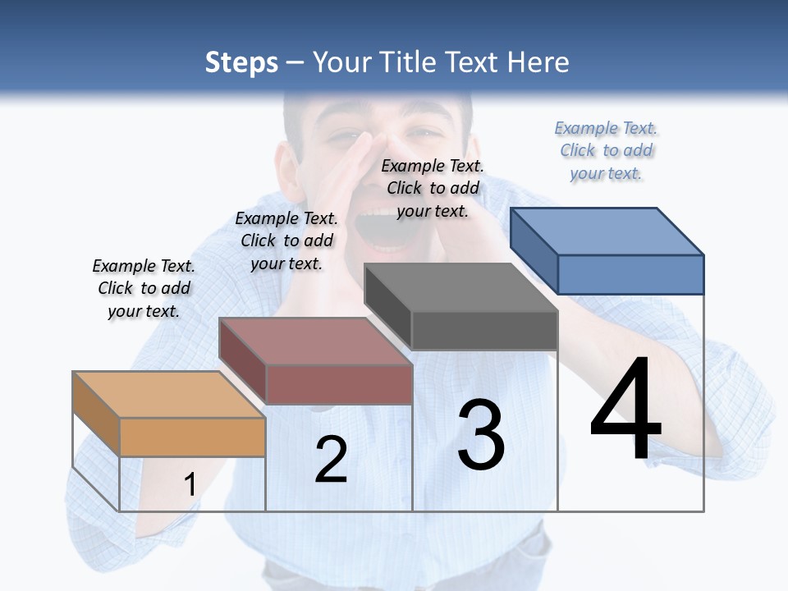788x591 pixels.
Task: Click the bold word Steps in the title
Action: pyautogui.click(x=241, y=62)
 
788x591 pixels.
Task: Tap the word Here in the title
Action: pyautogui.click(x=538, y=62)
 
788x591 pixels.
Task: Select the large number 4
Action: pyautogui.click(x=625, y=410)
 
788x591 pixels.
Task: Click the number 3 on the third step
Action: pyautogui.click(x=481, y=435)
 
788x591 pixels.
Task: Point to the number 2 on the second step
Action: pyautogui.click(x=331, y=460)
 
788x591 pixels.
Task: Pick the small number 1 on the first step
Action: pyautogui.click(x=190, y=484)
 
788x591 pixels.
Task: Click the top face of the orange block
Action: pyautogui.click(x=168, y=394)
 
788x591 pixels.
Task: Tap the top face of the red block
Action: pyautogui.click(x=314, y=341)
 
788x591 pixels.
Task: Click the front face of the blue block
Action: pyautogui.click(x=630, y=274)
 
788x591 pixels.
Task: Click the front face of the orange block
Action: pyautogui.click(x=192, y=437)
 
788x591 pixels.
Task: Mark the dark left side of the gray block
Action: pyautogui.click(x=387, y=306)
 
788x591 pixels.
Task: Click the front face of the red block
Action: pyautogui.click(x=338, y=384)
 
